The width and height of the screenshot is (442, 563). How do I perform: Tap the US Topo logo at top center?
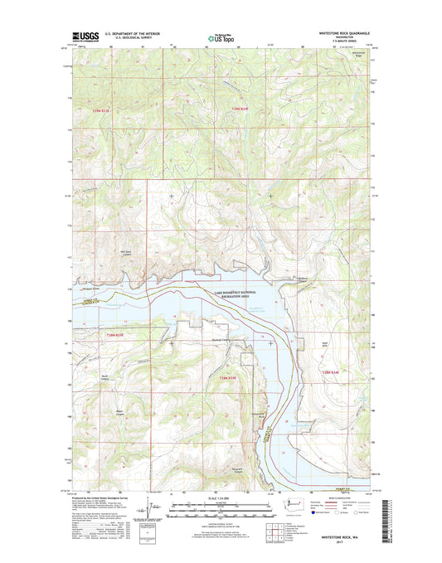point(221,36)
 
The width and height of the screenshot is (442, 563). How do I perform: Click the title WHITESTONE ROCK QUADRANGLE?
point(340,32)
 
